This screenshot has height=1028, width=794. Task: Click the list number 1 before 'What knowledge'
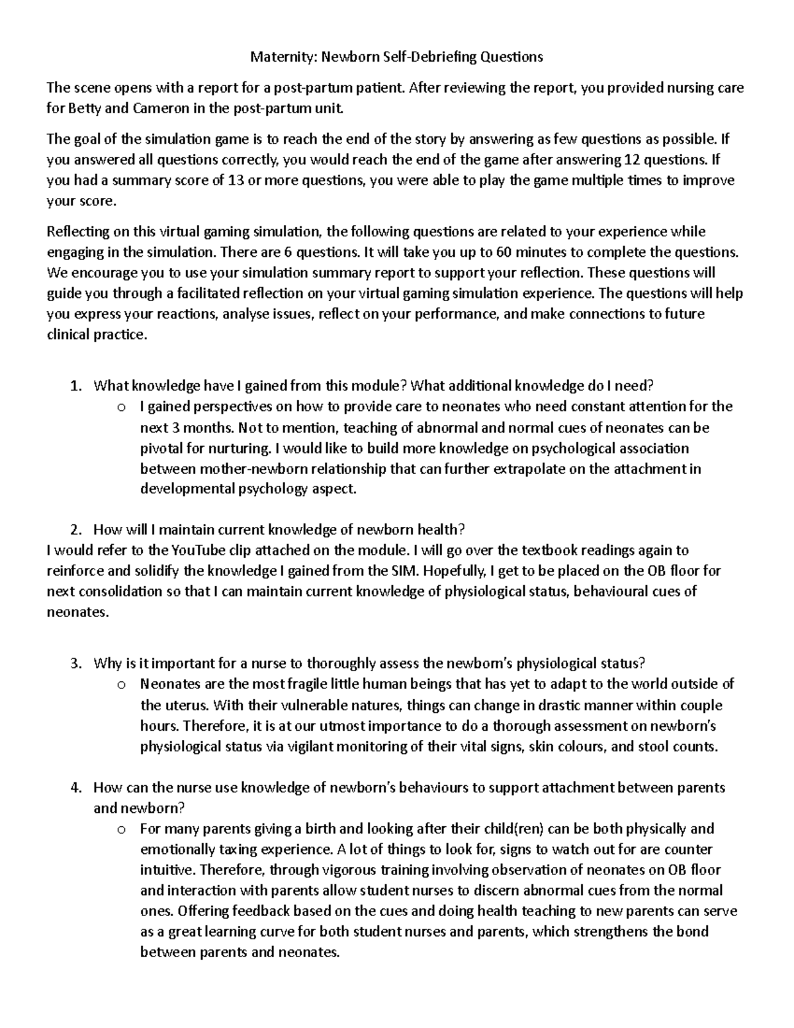pos(75,386)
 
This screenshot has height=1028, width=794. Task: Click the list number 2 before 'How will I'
pos(75,530)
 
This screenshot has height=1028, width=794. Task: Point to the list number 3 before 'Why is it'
pos(75,664)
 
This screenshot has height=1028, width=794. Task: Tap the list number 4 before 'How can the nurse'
pos(75,788)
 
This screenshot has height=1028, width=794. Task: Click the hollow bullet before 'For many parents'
pos(121,829)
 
